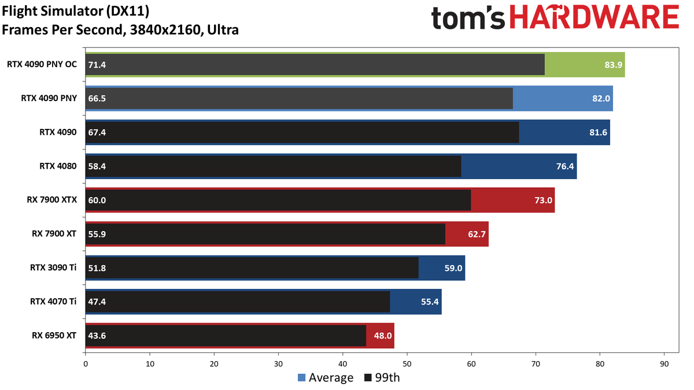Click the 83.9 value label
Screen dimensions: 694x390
tap(613, 65)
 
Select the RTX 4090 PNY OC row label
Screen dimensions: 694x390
tap(42, 64)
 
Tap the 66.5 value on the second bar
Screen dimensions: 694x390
tap(97, 98)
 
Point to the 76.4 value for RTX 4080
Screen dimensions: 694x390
tap(565, 166)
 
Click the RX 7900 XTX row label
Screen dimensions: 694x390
tap(51, 200)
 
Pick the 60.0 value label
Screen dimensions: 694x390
tap(97, 200)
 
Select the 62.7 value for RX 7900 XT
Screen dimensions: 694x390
tap(477, 234)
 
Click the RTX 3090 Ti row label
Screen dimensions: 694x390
tap(53, 268)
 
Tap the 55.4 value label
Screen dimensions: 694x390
tap(430, 302)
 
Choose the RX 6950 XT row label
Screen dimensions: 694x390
tap(54, 335)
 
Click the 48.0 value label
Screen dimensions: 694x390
tap(383, 336)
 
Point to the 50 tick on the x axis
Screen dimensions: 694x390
tap(407, 364)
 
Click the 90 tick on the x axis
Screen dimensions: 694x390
tap(665, 364)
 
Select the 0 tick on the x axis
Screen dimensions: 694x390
tap(86, 364)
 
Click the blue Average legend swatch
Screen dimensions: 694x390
tap(301, 378)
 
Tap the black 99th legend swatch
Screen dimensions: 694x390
tap(368, 378)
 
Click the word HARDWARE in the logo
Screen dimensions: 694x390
tap(595, 17)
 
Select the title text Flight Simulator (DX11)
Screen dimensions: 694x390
tap(76, 12)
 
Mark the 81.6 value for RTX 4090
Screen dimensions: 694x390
tap(598, 132)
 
